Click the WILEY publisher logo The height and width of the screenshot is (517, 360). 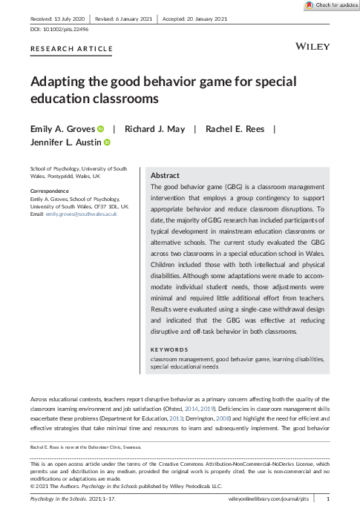coord(312,46)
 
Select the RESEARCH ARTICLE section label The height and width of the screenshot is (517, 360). coord(71,49)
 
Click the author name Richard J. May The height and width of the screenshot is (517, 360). coord(154,128)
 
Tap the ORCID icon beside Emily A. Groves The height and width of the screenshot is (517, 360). coord(100,128)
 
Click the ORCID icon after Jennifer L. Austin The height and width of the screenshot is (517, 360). coord(107,142)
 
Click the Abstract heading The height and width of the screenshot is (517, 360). coord(165,175)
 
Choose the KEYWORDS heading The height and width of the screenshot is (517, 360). coord(169,349)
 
